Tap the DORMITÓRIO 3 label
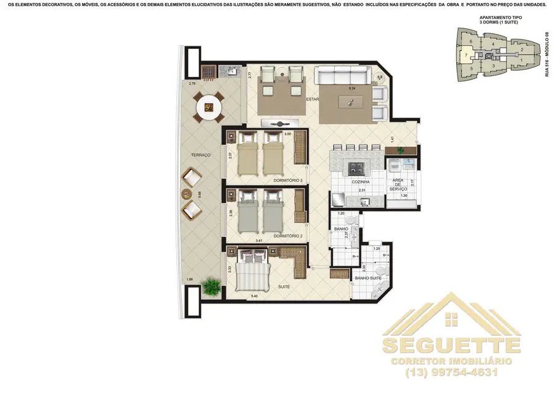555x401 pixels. pyautogui.click(x=288, y=181)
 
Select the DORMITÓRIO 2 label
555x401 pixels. pyautogui.click(x=288, y=236)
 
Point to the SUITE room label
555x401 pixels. pyautogui.click(x=284, y=287)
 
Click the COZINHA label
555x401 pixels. pyautogui.click(x=361, y=182)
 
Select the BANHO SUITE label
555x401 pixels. pyautogui.click(x=367, y=278)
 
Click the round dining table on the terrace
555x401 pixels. pyautogui.click(x=210, y=109)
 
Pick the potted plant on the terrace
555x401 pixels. pyautogui.click(x=213, y=286)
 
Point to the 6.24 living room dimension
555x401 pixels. pyautogui.click(x=353, y=89)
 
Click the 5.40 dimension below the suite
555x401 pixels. pyautogui.click(x=253, y=297)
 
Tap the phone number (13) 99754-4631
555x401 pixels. pyautogui.click(x=451, y=372)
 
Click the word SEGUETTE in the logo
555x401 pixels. pyautogui.click(x=451, y=344)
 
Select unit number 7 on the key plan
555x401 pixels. pyautogui.click(x=465, y=55)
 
